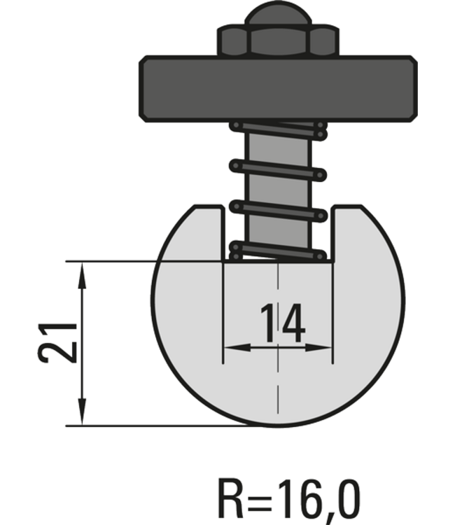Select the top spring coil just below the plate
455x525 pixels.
278,129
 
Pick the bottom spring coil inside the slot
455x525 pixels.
278,249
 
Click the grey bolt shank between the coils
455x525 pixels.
278,189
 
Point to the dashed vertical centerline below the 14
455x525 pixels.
278,392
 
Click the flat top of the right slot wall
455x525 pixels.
347,208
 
